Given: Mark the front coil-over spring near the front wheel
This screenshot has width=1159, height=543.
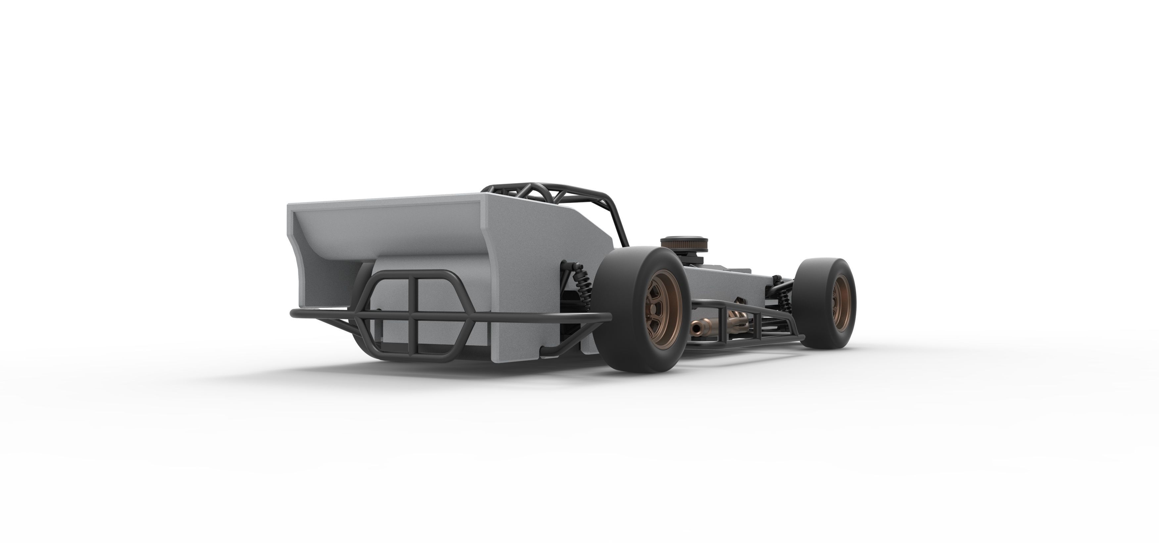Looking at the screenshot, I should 785,299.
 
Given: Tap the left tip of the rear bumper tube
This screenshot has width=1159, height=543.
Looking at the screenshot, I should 293,313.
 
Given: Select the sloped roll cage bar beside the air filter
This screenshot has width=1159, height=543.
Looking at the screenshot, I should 620,220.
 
